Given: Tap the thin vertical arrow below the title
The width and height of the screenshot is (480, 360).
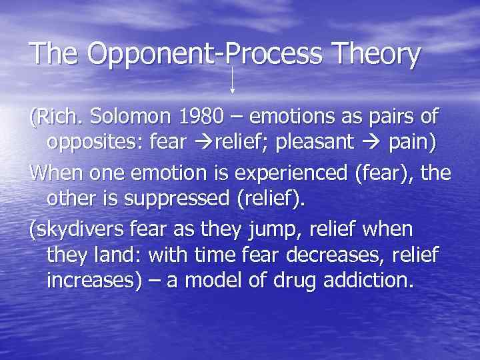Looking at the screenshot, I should pyautogui.click(x=232, y=80).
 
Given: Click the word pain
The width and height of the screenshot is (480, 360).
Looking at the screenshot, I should pyautogui.click(x=412, y=143).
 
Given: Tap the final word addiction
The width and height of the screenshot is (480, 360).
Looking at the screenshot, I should pyautogui.click(x=371, y=281).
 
